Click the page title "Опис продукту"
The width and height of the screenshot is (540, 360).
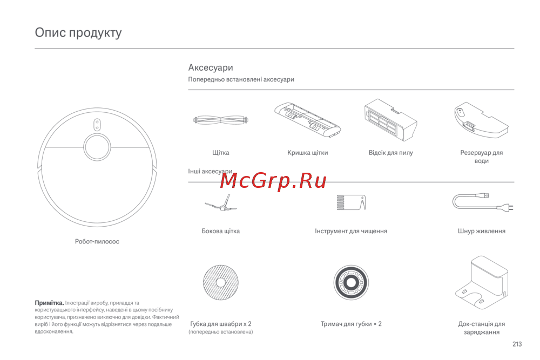tap(78, 33)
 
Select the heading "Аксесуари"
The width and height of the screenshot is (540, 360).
tap(211, 67)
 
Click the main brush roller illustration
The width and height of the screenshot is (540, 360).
tap(221, 120)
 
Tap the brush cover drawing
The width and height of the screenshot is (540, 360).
tap(308, 120)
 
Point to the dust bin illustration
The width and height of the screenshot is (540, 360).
tap(390, 119)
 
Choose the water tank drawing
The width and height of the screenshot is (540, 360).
tap(482, 120)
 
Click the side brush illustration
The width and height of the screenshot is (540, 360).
tap(221, 203)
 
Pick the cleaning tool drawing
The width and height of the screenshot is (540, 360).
tap(351, 202)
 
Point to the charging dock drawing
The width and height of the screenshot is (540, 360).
tap(482, 282)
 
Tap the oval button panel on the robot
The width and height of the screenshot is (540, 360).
tap(97, 125)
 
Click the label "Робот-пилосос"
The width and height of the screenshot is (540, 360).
tap(97, 242)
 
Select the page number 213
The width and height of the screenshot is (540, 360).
tap(517, 344)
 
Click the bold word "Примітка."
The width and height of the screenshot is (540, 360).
tap(49, 303)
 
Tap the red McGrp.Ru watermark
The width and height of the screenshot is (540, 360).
tap(273, 181)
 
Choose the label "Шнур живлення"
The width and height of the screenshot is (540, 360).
tap(482, 231)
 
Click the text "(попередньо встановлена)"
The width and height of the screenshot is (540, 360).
tap(221, 332)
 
